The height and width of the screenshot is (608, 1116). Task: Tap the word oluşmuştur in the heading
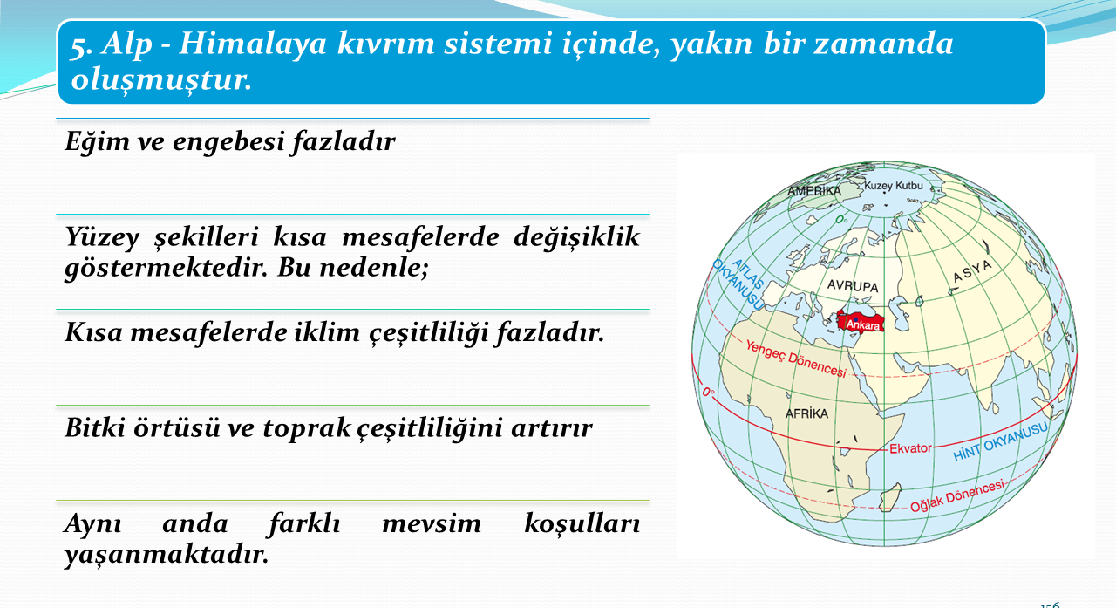tap(161, 79)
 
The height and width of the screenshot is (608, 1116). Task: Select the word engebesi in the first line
tap(229, 141)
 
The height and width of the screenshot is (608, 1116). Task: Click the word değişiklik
tap(576, 236)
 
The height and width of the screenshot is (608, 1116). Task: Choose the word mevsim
tap(432, 523)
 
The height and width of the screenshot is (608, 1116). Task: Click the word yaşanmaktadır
tap(167, 554)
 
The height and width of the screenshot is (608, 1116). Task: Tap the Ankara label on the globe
tap(862, 324)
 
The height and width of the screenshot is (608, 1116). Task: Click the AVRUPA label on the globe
tap(853, 286)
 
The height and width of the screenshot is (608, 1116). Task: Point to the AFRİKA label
tap(807, 413)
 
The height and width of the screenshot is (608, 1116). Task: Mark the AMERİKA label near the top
tap(814, 191)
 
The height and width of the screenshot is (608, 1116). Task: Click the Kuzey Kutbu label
tap(894, 186)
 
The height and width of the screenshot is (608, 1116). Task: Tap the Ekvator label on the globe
tap(910, 448)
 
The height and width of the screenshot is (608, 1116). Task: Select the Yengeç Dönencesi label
tap(796, 359)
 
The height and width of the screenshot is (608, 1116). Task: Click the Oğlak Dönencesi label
tap(957, 495)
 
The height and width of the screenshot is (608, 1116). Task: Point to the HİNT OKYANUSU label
tap(1000, 442)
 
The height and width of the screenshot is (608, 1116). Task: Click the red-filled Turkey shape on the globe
tap(861, 320)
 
